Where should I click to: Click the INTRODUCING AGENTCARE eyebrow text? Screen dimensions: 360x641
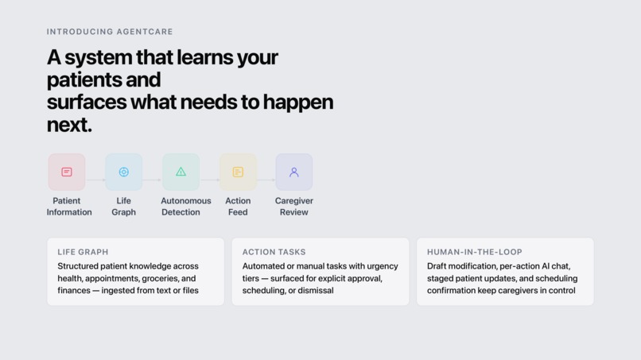pyautogui.click(x=110, y=32)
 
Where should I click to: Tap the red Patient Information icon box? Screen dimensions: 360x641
pyautogui.click(x=67, y=172)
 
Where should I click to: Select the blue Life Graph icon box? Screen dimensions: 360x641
pyautogui.click(x=123, y=172)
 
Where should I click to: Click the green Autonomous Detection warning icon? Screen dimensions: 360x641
pyautogui.click(x=181, y=172)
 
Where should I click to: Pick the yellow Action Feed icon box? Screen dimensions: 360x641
pyautogui.click(x=238, y=172)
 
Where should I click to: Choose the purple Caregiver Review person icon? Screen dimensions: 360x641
pyautogui.click(x=294, y=172)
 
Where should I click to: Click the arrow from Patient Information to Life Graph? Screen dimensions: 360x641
pyautogui.click(x=95, y=180)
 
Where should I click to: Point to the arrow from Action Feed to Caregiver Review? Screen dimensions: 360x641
pyautogui.click(x=266, y=180)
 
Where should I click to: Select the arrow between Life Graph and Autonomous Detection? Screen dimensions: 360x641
pyautogui.click(x=152, y=180)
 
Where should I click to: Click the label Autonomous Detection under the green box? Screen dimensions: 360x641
pyautogui.click(x=185, y=207)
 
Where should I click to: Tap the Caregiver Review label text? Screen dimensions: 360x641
pyautogui.click(x=294, y=207)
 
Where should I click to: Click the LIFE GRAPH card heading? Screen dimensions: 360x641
pyautogui.click(x=83, y=252)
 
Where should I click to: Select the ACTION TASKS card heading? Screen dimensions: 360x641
pyautogui.click(x=274, y=252)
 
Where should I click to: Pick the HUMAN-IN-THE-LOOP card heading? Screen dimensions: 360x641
pyautogui.click(x=475, y=252)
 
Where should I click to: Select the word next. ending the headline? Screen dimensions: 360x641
pyautogui.click(x=69, y=125)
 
